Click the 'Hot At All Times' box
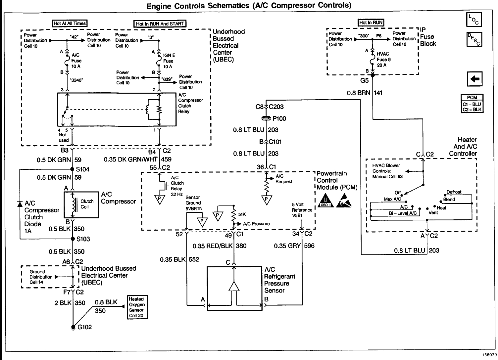pyautogui.click(x=70, y=23)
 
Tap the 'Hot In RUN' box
pyautogui.click(x=371, y=22)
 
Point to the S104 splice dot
pyautogui.click(x=72, y=169)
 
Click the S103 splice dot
pyautogui.click(x=72, y=239)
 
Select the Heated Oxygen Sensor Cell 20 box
pyautogui.click(x=137, y=307)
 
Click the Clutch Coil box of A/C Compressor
pyautogui.click(x=81, y=204)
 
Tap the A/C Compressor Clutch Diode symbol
pyautogui.click(x=20, y=203)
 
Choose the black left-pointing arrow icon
pyautogui.click(x=474, y=79)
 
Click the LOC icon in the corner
pyautogui.click(x=474, y=20)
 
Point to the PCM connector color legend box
pyautogui.click(x=472, y=103)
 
